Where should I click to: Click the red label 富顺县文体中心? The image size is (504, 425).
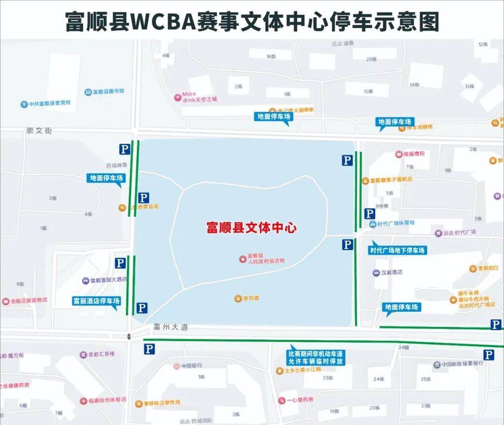pyautogui.click(x=252, y=228)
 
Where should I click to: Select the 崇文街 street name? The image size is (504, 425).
pyautogui.click(x=39, y=131)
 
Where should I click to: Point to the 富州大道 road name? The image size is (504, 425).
pyautogui.click(x=171, y=327)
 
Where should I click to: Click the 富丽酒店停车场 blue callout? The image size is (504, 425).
pyautogui.click(x=96, y=301)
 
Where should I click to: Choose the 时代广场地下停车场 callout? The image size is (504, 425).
pyautogui.click(x=398, y=250)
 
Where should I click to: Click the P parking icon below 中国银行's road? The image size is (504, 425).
pyautogui.click(x=149, y=349)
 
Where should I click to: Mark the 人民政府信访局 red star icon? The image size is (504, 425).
pyautogui.click(x=242, y=259)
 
